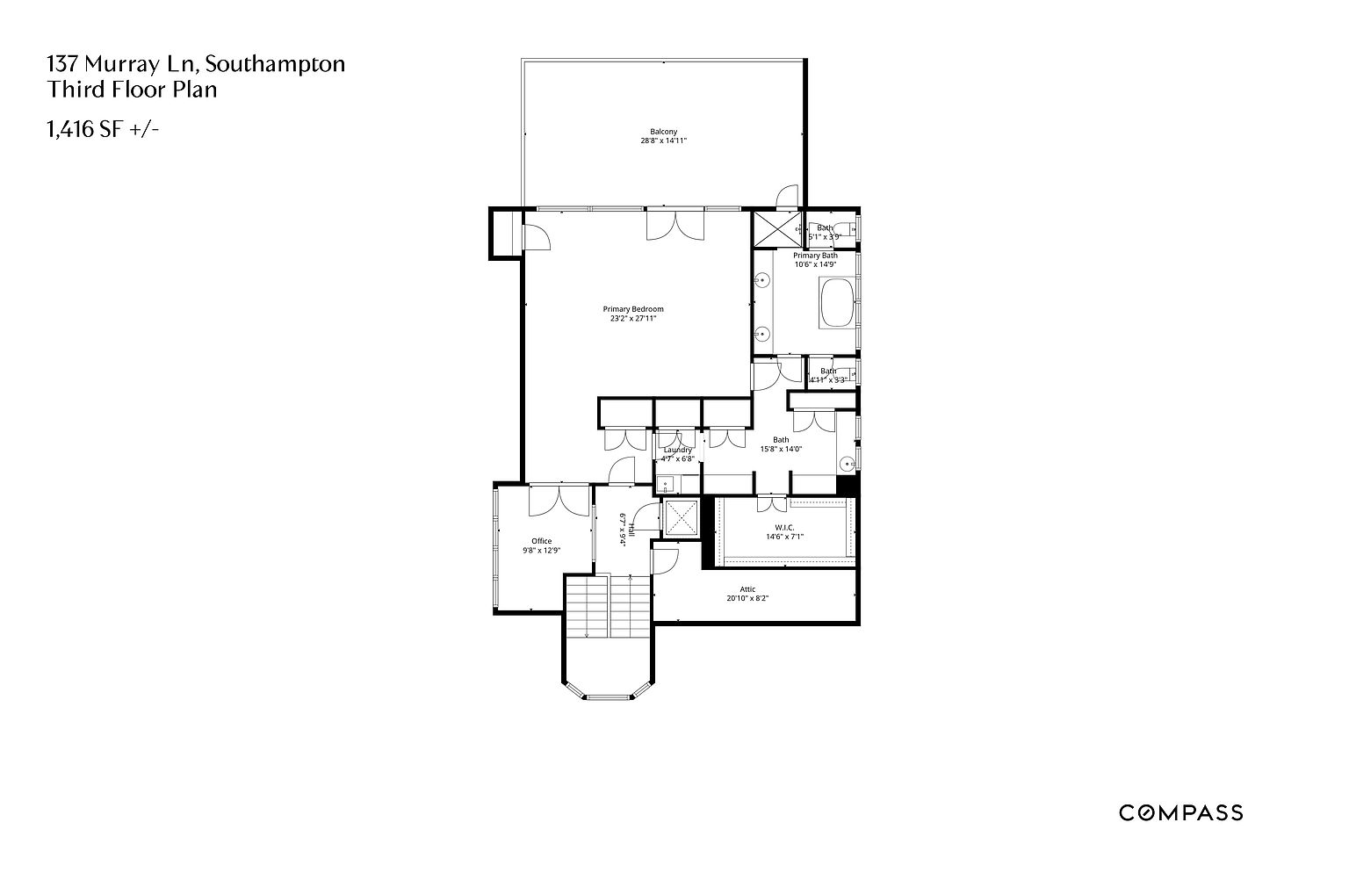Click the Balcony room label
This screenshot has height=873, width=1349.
tap(663, 132)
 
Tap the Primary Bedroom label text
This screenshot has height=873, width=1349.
tap(633, 309)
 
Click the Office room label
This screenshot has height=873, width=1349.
tap(542, 541)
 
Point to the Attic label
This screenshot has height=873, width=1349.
tap(747, 589)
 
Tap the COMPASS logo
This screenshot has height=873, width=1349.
tap(1180, 812)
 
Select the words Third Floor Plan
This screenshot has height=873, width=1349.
tap(132, 90)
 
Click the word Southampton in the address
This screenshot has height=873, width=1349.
tap(274, 63)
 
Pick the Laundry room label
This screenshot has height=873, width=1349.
tap(677, 450)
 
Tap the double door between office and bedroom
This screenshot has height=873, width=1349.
tap(559, 501)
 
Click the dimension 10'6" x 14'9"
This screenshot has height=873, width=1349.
tap(815, 264)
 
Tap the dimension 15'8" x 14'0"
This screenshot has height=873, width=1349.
tap(781, 449)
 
